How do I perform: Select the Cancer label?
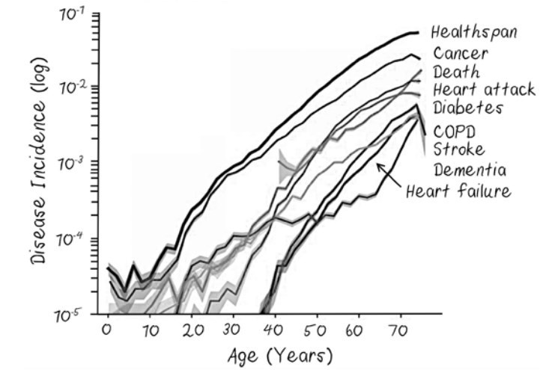[x=461, y=53]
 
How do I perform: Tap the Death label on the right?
[x=456, y=72]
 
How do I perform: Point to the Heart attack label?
[x=483, y=90]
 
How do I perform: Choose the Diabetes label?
[x=467, y=108]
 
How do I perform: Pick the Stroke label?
[x=458, y=149]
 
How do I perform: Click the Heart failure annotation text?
[x=458, y=191]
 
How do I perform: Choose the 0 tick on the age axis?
[x=107, y=329]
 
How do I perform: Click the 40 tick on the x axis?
[x=274, y=329]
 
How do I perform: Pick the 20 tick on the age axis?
[x=190, y=329]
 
